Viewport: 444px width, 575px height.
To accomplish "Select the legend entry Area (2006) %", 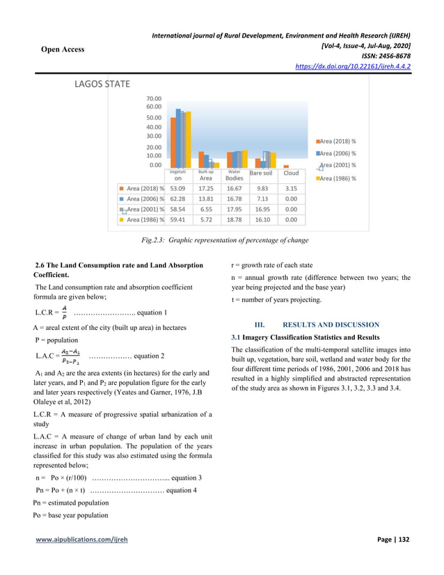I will pos(338,153).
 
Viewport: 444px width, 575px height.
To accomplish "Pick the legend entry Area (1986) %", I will pos(338,178).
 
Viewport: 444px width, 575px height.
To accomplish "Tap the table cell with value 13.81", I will pos(206,198).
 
